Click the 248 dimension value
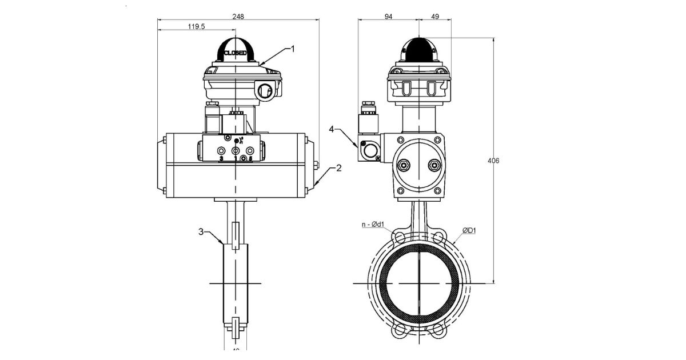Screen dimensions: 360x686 point(238,17)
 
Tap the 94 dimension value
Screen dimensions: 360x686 point(388,17)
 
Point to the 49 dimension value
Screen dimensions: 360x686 point(434,17)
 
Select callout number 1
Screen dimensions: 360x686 point(293,49)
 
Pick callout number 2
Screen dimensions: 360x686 point(338,168)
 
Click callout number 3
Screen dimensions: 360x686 point(201,231)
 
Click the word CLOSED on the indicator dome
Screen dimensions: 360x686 point(235,53)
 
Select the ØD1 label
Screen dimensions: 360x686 point(469,231)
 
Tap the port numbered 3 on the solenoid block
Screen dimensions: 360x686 point(222,151)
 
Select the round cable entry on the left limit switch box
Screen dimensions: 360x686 point(265,90)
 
